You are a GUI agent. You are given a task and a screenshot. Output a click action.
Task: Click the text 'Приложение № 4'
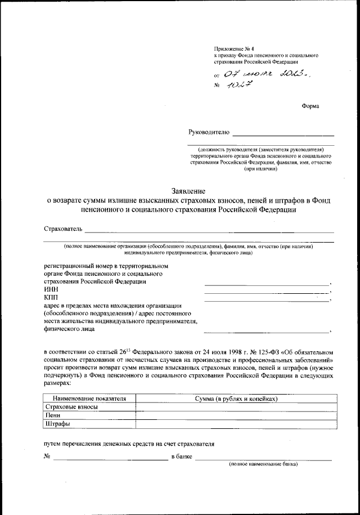pos(231,51)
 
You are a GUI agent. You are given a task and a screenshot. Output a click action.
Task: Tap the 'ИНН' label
pos(49,289)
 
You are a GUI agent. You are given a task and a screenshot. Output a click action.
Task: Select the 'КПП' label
pos(50,297)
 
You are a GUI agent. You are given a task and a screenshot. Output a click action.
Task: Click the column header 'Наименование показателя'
pos(89,398)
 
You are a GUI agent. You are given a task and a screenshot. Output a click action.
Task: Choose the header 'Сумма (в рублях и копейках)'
pos(236,398)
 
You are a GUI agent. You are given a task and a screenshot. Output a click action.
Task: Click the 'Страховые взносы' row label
pos(72,407)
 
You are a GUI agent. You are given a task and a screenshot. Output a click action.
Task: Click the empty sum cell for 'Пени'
pos(236,415)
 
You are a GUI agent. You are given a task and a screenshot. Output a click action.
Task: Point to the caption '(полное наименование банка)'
pos(263,464)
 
